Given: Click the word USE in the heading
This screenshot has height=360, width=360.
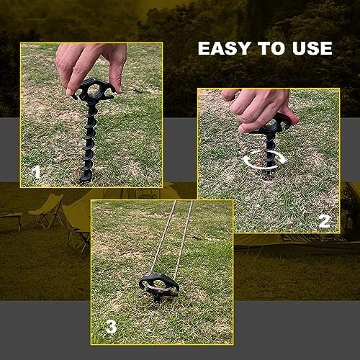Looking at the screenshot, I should click(x=310, y=49).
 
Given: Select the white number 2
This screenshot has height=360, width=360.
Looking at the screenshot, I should click(x=324, y=221).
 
